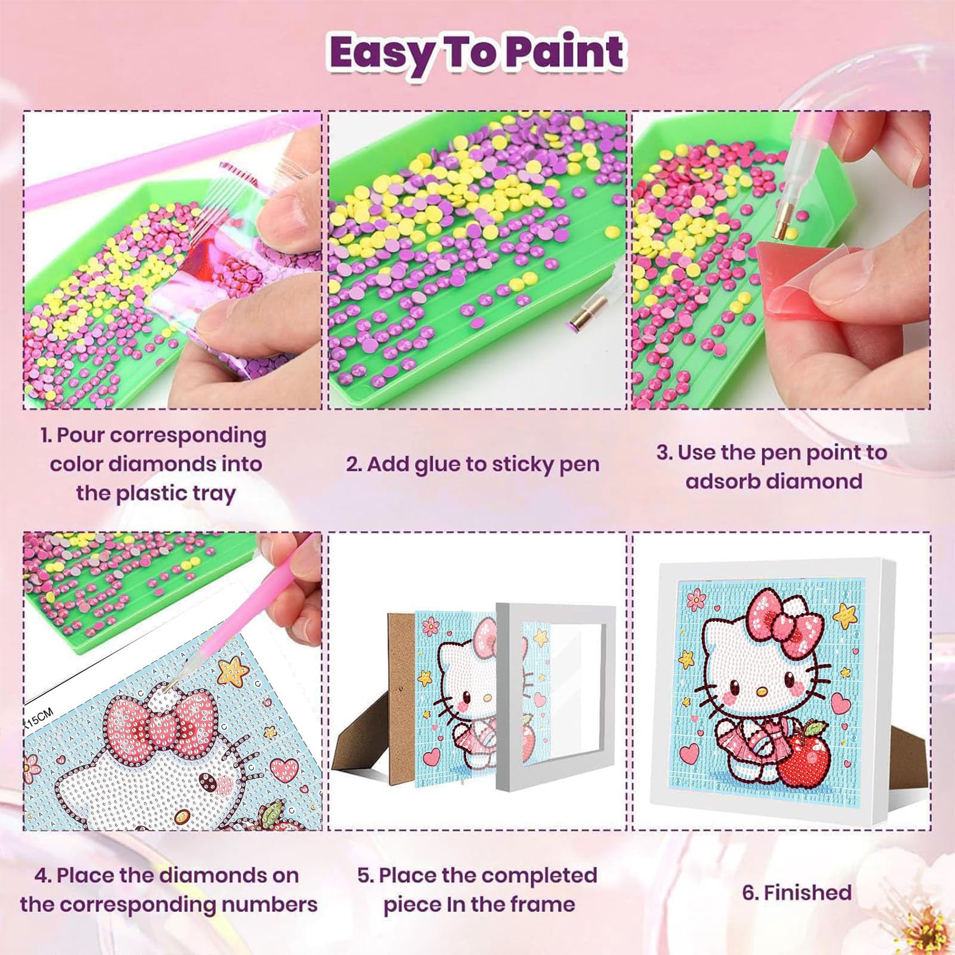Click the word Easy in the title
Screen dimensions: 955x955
tap(384, 54)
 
